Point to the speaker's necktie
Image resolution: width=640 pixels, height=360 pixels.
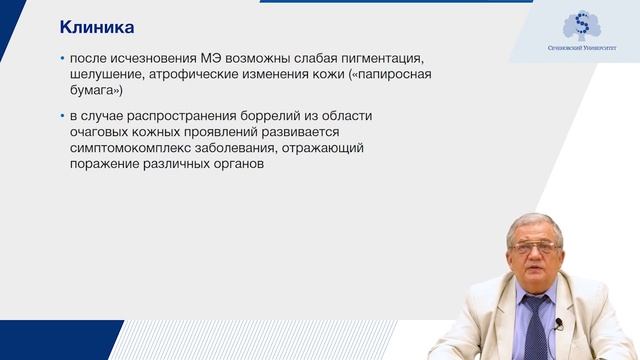(535, 325)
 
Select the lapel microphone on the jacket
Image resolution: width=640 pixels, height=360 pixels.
(559, 323)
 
